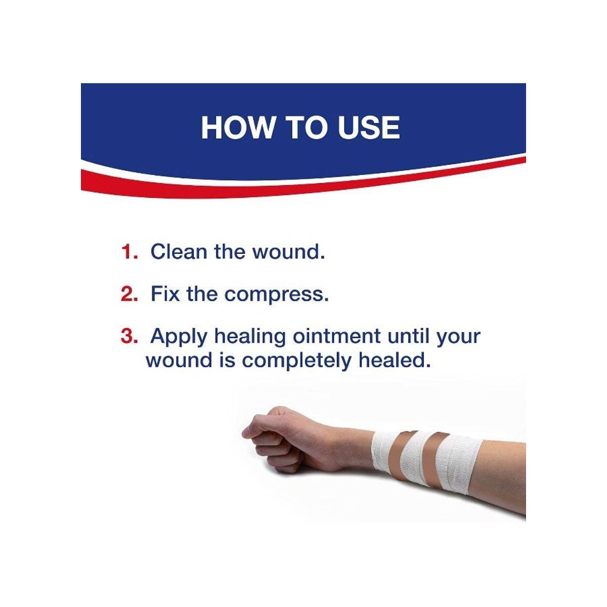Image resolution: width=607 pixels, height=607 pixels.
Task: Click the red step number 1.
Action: (x=129, y=252)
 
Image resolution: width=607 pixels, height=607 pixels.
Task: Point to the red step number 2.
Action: (x=129, y=293)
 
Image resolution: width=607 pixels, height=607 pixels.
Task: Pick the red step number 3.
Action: (x=129, y=336)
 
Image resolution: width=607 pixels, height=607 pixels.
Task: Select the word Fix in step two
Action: (x=165, y=293)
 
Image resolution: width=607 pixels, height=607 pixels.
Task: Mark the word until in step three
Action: (x=408, y=336)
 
